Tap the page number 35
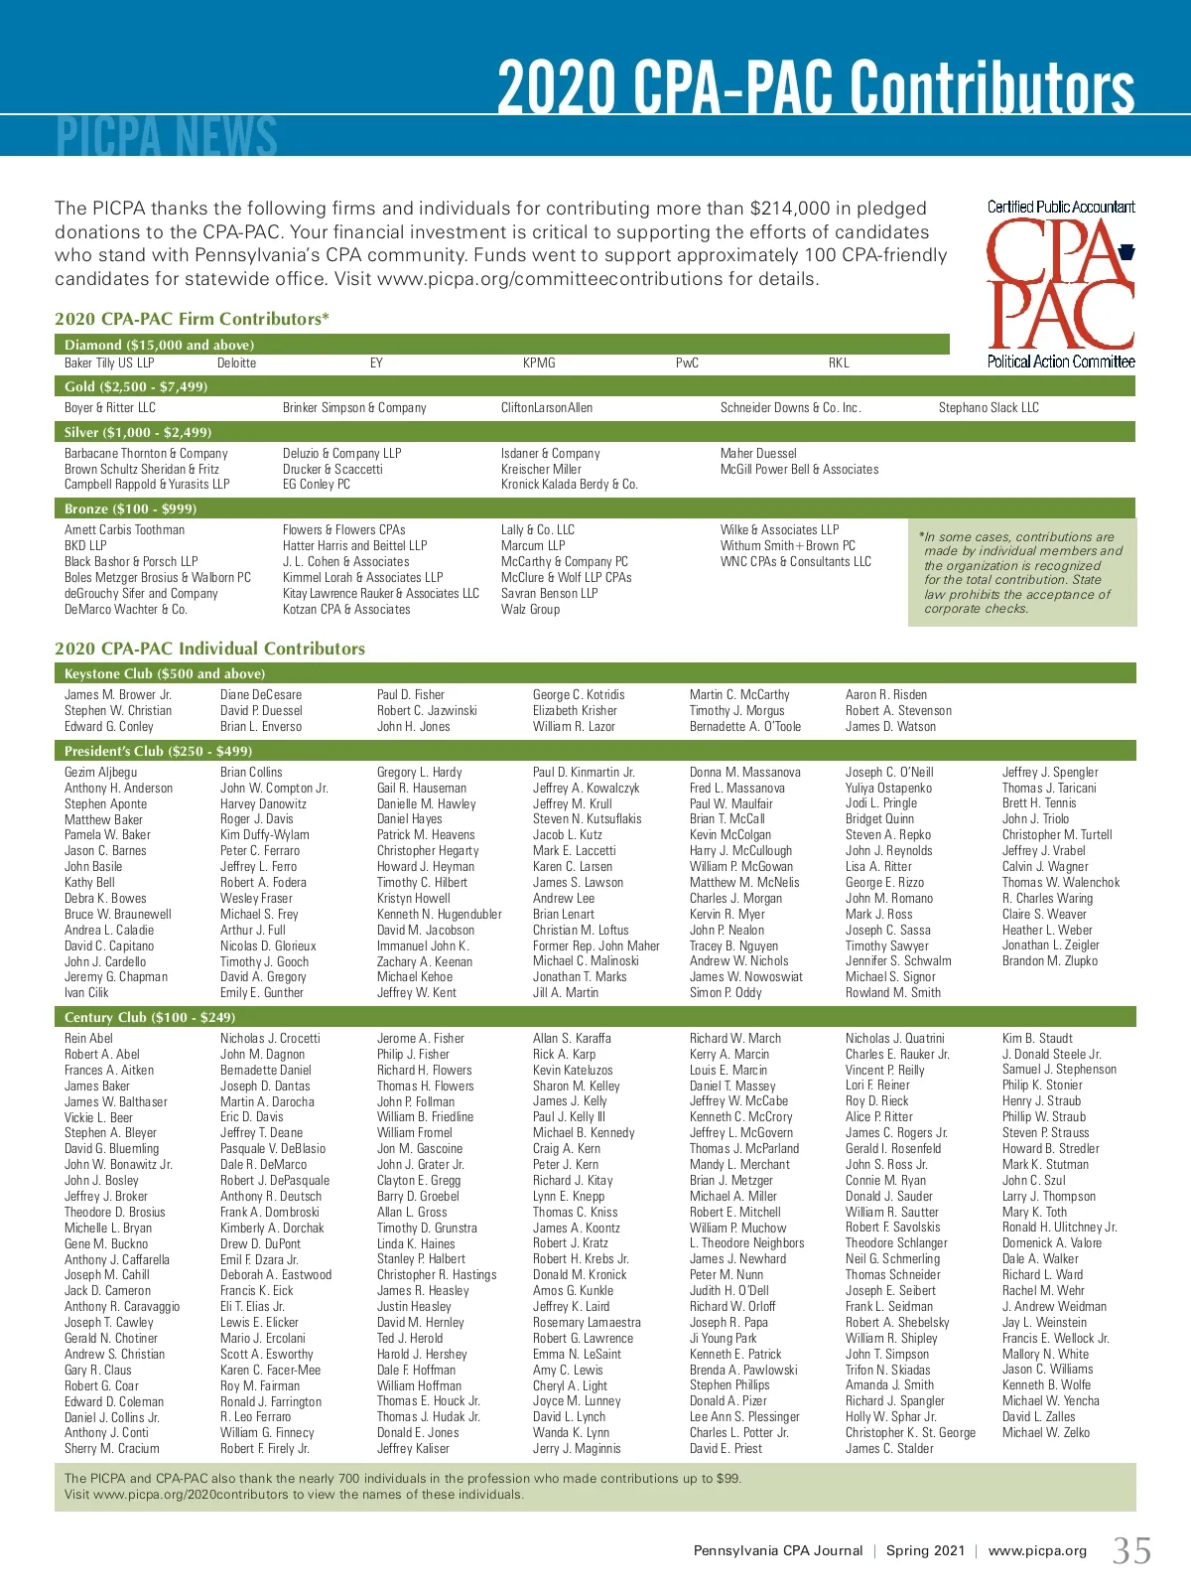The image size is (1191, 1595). (1131, 1550)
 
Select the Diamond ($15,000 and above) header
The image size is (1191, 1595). (159, 345)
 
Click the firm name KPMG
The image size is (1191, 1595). (539, 363)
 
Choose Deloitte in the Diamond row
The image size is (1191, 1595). (236, 363)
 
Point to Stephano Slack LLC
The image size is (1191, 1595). (989, 407)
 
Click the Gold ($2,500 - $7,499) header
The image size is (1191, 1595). (136, 386)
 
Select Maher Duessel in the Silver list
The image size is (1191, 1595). (758, 453)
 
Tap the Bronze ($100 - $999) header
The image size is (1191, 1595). (130, 508)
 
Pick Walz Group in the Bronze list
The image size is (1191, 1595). (530, 609)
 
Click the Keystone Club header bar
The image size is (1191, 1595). (164, 673)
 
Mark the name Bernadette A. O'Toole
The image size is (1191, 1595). (744, 726)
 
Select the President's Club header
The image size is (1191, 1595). (158, 751)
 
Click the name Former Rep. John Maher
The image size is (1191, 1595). (595, 945)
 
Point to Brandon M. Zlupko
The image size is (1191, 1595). (1049, 961)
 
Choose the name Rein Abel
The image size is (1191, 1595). (88, 1038)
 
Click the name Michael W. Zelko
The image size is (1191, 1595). (1045, 1432)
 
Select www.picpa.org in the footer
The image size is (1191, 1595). (1037, 1551)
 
